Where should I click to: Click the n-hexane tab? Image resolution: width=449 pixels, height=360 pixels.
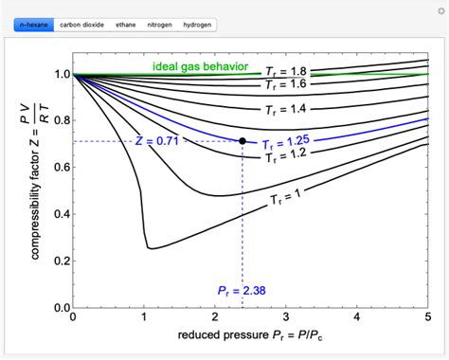30,24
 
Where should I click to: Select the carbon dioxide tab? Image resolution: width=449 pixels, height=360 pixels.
81,24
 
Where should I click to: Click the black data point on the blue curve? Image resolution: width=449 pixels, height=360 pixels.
242,141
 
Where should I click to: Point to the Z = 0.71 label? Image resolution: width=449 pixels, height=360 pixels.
156,141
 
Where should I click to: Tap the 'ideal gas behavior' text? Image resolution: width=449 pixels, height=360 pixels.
201,67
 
